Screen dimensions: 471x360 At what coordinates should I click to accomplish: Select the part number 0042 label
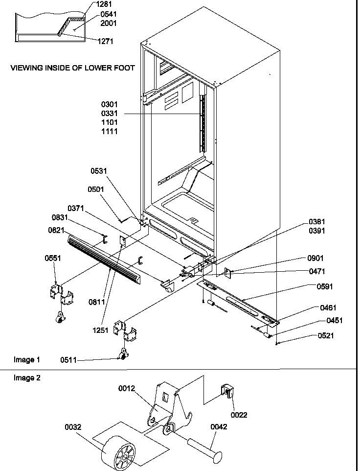tap(219, 427)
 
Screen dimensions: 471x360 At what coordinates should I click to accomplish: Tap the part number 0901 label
tap(315, 258)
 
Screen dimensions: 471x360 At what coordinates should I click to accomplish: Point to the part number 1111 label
tap(110, 131)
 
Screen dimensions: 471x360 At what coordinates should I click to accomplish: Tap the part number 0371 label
tap(76, 208)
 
